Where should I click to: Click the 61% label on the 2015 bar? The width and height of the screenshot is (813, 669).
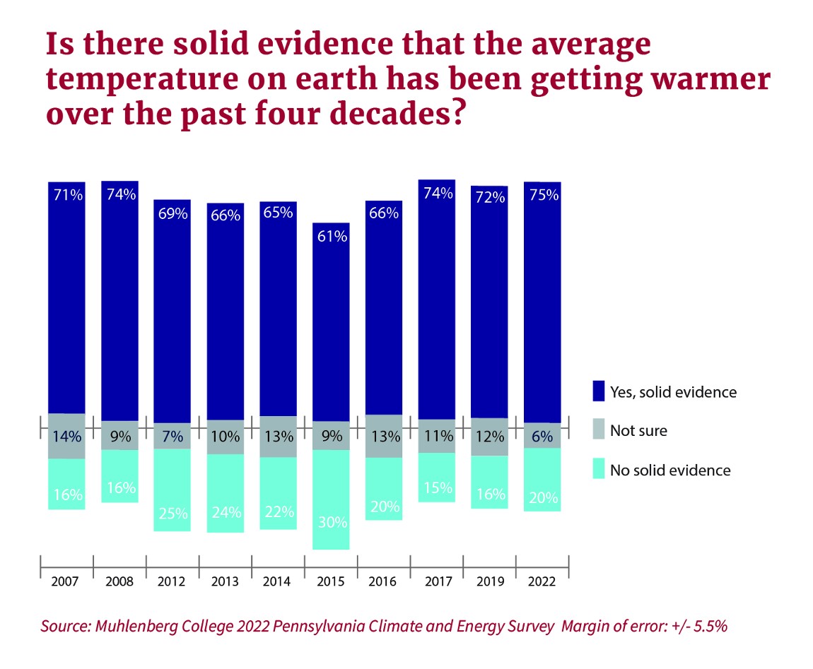click(332, 237)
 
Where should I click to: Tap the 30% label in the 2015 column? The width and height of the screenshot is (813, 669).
click(332, 523)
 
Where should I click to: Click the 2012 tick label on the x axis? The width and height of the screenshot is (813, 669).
click(172, 581)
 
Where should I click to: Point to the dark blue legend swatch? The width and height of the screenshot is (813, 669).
click(599, 391)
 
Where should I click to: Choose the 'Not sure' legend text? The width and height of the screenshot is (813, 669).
click(638, 430)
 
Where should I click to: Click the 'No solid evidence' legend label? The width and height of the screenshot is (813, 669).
click(670, 470)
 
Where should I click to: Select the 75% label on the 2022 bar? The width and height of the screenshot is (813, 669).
click(542, 196)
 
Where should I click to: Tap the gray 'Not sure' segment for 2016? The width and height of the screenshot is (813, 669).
click(384, 436)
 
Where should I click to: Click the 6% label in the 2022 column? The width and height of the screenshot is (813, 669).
click(542, 437)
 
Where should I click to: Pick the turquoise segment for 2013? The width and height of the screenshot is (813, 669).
click(225, 492)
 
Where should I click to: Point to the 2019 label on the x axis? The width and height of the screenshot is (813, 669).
click(490, 581)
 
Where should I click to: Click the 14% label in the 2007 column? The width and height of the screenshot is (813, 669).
click(66, 437)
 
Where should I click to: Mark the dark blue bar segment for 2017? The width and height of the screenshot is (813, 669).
click(436, 304)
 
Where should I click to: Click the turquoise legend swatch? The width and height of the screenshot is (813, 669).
click(599, 469)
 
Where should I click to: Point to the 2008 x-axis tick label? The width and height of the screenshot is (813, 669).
click(119, 581)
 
